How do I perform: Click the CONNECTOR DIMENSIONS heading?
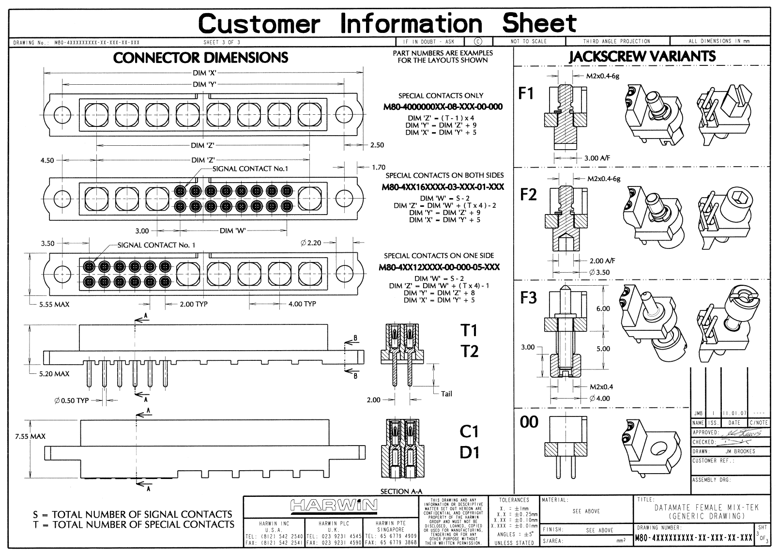(200, 58)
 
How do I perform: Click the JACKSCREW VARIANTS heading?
(642, 56)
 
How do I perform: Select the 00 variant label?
(529, 422)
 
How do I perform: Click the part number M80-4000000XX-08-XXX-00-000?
(443, 107)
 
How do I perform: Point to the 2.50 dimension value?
(377, 145)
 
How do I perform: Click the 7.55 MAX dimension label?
(30, 436)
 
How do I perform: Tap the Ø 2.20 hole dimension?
(310, 243)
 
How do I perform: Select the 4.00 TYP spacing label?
(302, 304)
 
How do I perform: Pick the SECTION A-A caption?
(401, 491)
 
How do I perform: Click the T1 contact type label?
(469, 330)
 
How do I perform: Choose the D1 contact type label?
(469, 452)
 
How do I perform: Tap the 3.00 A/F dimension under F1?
(597, 158)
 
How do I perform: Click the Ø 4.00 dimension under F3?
(600, 398)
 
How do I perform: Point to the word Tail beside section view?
(446, 394)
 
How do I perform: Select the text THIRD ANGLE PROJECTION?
(616, 41)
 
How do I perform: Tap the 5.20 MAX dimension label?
(54, 374)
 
